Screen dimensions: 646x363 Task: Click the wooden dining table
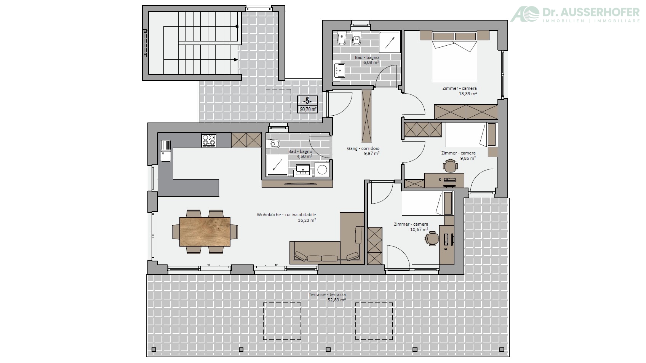(205, 232)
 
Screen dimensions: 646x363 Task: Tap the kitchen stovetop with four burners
(209, 140)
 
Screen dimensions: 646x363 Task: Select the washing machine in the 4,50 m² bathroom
(322, 169)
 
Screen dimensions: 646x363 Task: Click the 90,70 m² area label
(308, 110)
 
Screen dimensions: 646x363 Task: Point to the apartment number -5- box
(308, 101)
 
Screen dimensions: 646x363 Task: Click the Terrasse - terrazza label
(327, 295)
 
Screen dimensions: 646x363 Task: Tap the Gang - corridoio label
(363, 148)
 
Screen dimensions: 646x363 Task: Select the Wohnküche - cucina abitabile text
(286, 215)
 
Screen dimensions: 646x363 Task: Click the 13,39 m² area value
(467, 93)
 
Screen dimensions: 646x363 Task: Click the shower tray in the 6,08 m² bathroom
(390, 42)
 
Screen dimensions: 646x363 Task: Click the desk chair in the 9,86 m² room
(450, 166)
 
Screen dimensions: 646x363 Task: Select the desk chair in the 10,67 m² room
(432, 239)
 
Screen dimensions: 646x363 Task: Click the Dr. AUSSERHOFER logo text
(591, 12)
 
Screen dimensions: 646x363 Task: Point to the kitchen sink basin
(166, 156)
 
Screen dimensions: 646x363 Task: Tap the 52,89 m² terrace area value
(337, 299)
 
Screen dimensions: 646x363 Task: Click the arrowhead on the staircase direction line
(236, 60)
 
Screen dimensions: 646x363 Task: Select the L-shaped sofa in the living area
(327, 239)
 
